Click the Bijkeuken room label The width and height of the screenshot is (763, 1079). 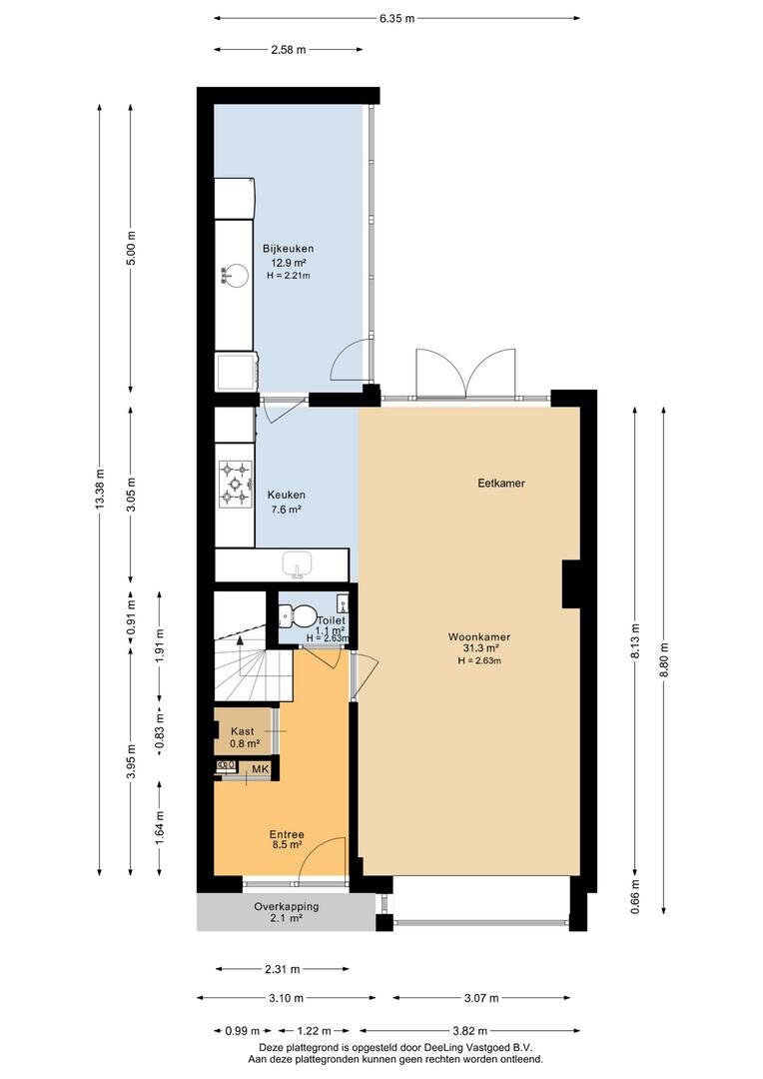(289, 249)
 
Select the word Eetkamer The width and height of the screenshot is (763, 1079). (501, 484)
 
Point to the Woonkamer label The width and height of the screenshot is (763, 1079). (478, 636)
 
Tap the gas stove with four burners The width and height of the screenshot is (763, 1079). (234, 484)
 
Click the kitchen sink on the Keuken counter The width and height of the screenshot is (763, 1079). (298, 564)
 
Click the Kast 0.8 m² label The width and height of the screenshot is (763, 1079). (245, 737)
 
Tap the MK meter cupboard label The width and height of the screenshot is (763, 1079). (260, 768)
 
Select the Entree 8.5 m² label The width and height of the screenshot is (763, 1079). (287, 839)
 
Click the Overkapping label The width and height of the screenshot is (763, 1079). (287, 906)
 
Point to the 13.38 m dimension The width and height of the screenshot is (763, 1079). (101, 490)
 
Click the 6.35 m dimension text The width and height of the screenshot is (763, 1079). (397, 19)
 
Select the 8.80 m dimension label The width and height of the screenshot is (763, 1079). (664, 660)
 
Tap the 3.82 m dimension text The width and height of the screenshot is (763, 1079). (469, 1031)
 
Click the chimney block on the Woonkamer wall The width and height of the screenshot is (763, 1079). (571, 583)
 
